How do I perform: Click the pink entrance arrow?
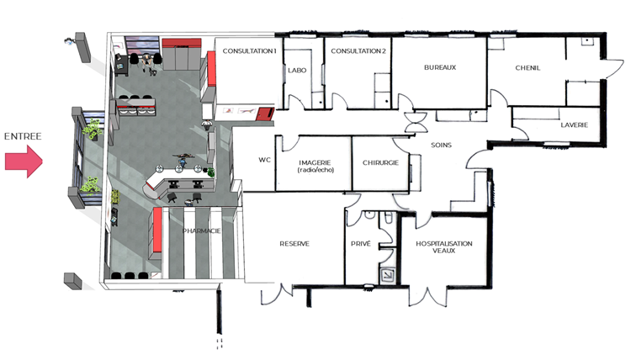click(24, 161)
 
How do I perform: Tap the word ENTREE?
click(23, 136)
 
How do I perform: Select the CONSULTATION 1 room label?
click(250, 51)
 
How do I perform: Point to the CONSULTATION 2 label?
click(358, 51)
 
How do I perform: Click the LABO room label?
click(297, 71)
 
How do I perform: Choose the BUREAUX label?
click(440, 67)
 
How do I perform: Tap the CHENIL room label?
click(528, 68)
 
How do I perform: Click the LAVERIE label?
click(575, 125)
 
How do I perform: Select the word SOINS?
click(441, 145)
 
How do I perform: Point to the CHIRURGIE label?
click(380, 163)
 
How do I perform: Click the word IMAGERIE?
click(315, 162)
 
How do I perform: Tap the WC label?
click(264, 160)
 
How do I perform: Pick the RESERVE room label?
click(294, 244)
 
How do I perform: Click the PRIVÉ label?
click(361, 244)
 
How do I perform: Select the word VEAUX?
click(444, 251)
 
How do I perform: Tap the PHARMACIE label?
click(202, 230)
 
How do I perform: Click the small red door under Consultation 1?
click(265, 114)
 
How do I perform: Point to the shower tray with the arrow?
click(388, 275)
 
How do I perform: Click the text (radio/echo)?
click(315, 170)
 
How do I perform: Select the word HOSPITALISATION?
click(444, 244)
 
